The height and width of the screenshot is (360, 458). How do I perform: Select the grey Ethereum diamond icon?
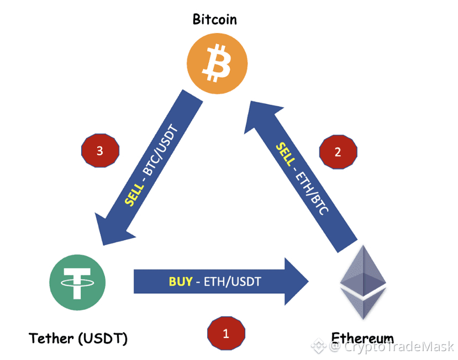click(362, 282)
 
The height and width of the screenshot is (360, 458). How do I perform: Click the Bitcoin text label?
click(215, 20)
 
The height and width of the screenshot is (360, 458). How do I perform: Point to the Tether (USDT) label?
click(78, 338)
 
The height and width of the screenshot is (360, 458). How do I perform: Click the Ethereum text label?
click(362, 337)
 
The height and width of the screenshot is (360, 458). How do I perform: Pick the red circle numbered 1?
click(226, 333)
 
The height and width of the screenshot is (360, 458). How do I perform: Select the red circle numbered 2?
click(338, 152)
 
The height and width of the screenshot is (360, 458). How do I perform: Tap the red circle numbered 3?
click(100, 151)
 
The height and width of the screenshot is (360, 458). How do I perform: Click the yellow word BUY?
click(181, 282)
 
